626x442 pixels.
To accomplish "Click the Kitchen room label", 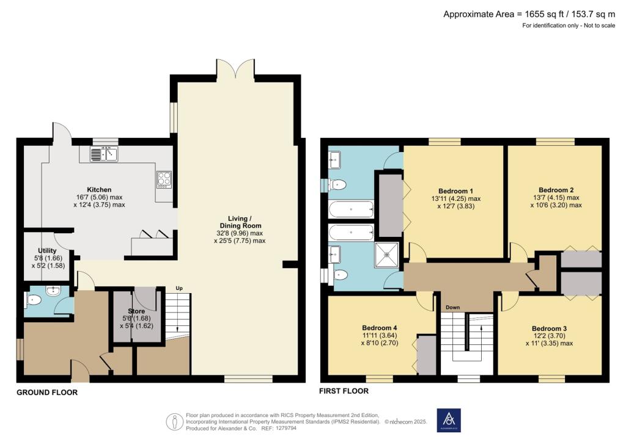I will point(98,189).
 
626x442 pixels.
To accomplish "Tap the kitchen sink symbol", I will point(104,154).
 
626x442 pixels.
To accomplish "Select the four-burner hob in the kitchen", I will point(164,178).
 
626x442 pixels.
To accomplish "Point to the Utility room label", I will point(47,250).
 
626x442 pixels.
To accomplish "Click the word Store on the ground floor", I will point(136,311).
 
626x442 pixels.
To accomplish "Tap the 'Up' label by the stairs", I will point(179,288).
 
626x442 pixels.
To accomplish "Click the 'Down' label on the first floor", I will point(452,307).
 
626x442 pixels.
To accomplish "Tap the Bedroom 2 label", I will point(555,189).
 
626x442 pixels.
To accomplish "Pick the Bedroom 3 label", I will point(549,328).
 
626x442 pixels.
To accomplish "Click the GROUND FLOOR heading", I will point(47,393).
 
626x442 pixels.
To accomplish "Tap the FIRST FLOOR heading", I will point(344,391).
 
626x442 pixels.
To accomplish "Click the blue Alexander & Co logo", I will point(449,420).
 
